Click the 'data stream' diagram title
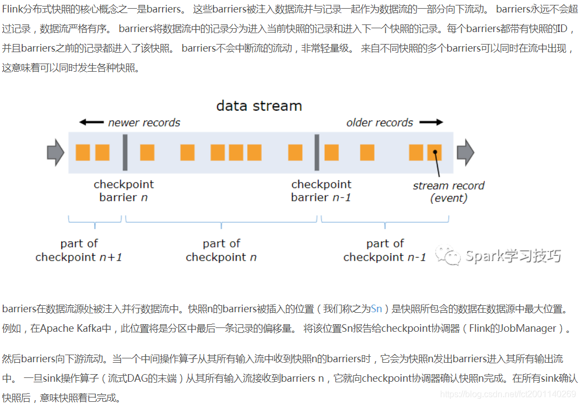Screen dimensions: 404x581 (259, 105)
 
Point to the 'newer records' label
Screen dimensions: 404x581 (144, 123)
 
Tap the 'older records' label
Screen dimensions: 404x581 (379, 123)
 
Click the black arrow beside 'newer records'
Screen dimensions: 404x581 (91, 123)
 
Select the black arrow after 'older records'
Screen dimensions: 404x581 (431, 123)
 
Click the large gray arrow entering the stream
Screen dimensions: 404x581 (55, 153)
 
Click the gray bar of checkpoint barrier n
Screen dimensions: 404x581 (125, 153)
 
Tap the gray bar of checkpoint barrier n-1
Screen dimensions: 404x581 (317, 153)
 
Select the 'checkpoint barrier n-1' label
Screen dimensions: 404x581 (321, 191)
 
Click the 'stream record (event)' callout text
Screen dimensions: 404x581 (448, 192)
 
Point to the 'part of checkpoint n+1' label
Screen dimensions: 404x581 (79, 250)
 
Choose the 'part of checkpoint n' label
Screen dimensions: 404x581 (221, 250)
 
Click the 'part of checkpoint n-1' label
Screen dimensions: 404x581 (385, 250)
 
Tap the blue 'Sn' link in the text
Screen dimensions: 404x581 (376, 309)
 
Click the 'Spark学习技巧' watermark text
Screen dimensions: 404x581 (513, 256)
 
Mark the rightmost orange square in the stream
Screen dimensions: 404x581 (434, 153)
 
